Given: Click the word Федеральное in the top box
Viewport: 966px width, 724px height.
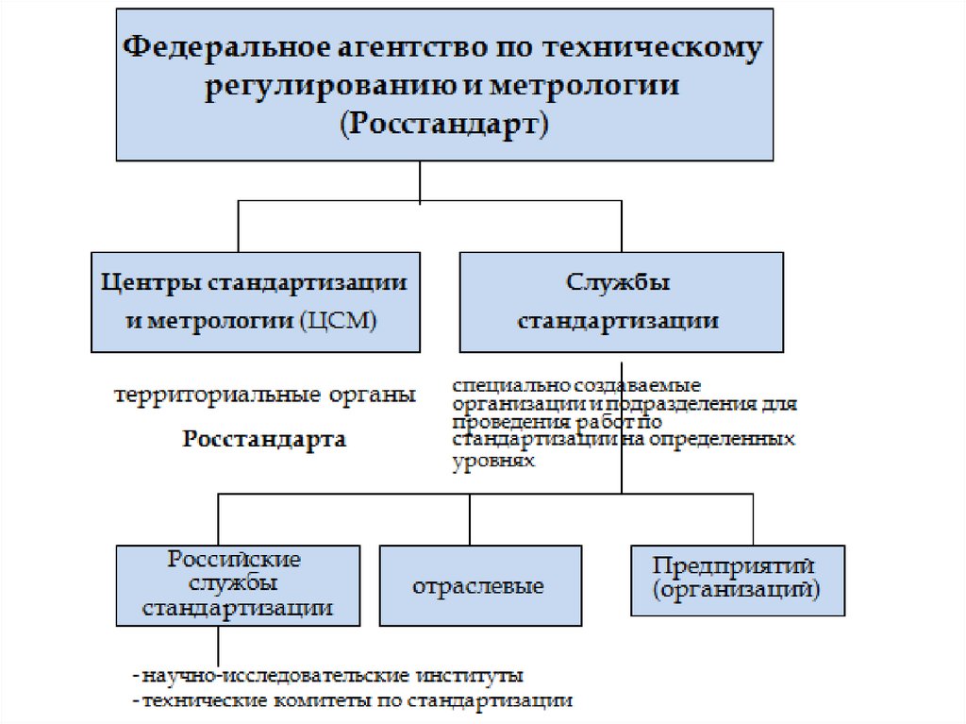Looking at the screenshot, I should (x=215, y=48).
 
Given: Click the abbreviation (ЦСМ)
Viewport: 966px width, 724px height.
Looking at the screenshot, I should (x=336, y=321).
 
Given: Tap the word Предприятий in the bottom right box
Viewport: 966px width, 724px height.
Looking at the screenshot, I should (x=733, y=564).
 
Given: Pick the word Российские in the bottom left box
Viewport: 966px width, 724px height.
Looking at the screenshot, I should (x=235, y=559).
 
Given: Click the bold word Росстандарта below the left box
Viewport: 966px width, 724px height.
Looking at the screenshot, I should (x=264, y=439).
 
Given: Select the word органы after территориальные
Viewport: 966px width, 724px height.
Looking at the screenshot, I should (x=373, y=395).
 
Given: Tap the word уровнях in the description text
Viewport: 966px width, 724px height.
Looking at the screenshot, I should (x=494, y=463).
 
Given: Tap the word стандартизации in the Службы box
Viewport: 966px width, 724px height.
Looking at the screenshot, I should (x=619, y=321).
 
